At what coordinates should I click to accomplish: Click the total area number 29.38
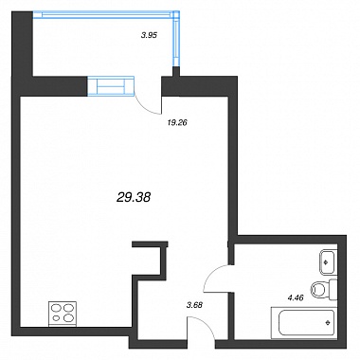(134, 198)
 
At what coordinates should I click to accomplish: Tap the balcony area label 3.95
(149, 35)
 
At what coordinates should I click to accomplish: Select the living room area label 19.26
(177, 123)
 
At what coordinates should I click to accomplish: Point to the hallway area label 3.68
(194, 305)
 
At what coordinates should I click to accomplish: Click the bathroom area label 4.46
(296, 297)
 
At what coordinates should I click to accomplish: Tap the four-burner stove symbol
(63, 314)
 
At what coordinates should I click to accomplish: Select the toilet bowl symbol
(317, 289)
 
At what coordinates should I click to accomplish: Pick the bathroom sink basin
(328, 262)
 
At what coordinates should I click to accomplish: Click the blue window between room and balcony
(111, 85)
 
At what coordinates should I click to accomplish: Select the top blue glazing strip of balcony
(106, 14)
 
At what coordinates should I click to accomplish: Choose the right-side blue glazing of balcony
(176, 39)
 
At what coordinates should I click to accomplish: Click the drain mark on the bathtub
(328, 322)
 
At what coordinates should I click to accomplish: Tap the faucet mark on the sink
(326, 261)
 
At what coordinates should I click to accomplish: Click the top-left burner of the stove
(57, 308)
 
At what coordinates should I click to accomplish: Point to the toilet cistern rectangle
(333, 291)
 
